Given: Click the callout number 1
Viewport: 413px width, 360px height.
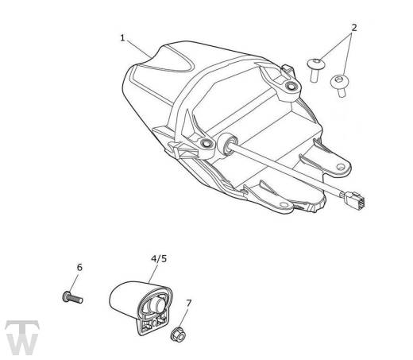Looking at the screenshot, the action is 122,38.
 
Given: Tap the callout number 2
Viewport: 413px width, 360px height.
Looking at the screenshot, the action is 354,27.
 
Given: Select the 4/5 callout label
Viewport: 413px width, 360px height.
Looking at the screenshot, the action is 159,259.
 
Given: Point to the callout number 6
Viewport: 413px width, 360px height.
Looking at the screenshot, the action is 79,267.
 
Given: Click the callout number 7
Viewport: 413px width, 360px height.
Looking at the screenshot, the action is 188,303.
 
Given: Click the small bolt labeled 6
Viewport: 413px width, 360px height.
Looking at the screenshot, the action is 73,297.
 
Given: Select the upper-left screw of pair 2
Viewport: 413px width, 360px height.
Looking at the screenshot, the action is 315,70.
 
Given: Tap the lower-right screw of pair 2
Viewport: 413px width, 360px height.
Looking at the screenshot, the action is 339,85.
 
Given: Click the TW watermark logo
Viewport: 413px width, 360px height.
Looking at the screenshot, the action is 22,337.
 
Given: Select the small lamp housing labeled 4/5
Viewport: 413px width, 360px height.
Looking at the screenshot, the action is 141,306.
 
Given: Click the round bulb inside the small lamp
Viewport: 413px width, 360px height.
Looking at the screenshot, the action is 157,306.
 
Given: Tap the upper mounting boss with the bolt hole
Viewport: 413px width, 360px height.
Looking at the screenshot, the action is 291,87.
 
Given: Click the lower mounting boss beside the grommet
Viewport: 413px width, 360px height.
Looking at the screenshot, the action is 206,144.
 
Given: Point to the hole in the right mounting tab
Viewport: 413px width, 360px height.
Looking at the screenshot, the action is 341,167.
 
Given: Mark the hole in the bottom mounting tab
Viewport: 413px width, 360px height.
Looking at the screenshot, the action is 284,204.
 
